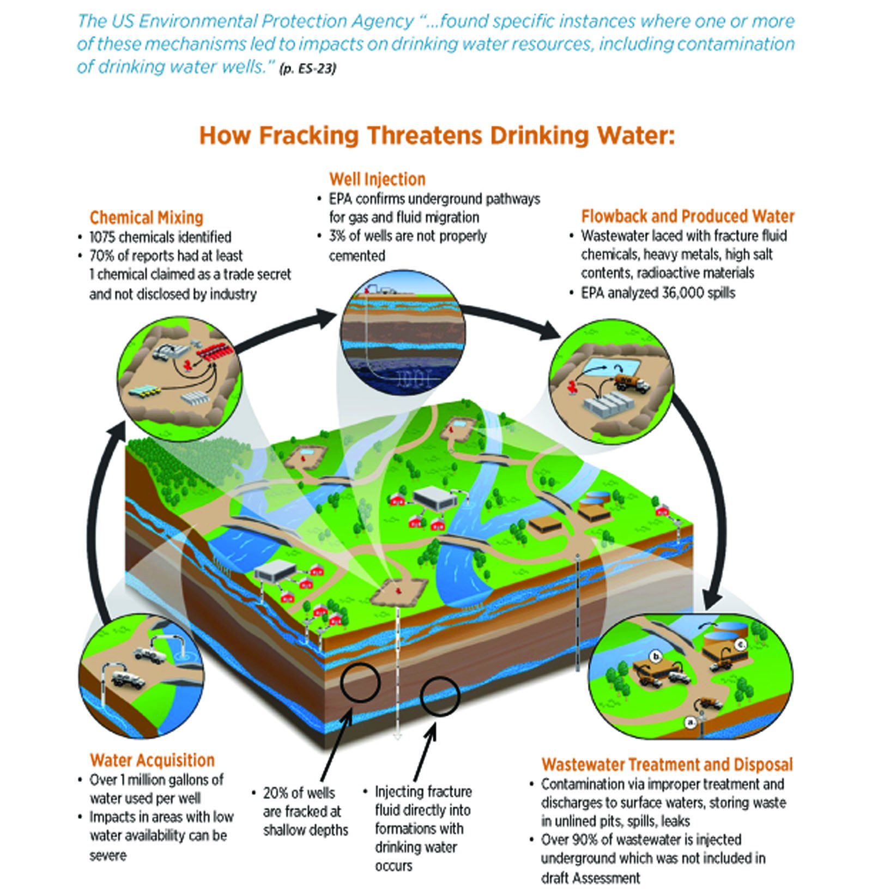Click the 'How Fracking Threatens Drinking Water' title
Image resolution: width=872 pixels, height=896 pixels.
(x=436, y=136)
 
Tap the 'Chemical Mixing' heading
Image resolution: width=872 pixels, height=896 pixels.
(x=146, y=218)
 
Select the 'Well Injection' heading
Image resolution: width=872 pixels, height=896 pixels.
(x=377, y=179)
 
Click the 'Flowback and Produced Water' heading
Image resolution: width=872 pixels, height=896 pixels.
(x=687, y=216)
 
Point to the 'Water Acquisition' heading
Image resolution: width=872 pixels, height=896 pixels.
(x=152, y=760)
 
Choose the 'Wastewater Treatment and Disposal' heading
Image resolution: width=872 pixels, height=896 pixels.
(x=667, y=764)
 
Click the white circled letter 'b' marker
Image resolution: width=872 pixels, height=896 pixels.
(x=656, y=656)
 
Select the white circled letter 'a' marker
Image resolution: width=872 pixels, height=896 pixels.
(x=691, y=722)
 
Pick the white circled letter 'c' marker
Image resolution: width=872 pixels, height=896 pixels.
(x=740, y=645)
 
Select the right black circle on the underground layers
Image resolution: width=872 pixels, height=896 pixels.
(x=440, y=695)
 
